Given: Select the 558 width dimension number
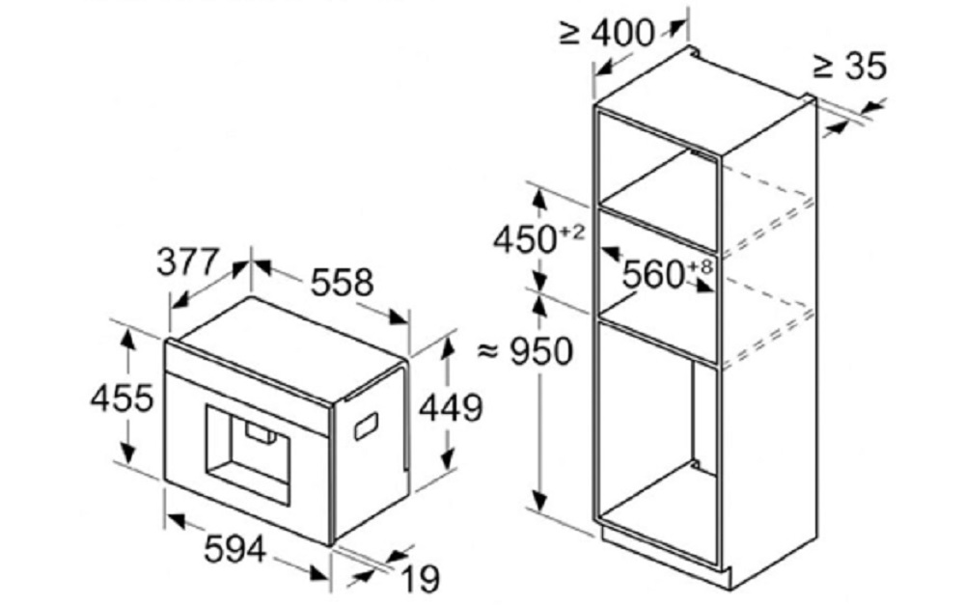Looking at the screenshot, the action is tap(341, 282).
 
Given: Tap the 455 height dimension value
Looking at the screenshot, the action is tap(122, 397).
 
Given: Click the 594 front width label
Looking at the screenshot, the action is tap(235, 550).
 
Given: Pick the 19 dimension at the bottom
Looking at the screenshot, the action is tap(419, 579).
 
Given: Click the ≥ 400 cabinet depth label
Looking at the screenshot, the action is tap(609, 33).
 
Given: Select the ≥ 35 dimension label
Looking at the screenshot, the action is tap(849, 67).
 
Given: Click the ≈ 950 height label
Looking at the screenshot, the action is tap(526, 352).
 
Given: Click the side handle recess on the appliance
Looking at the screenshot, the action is tap(366, 424).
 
